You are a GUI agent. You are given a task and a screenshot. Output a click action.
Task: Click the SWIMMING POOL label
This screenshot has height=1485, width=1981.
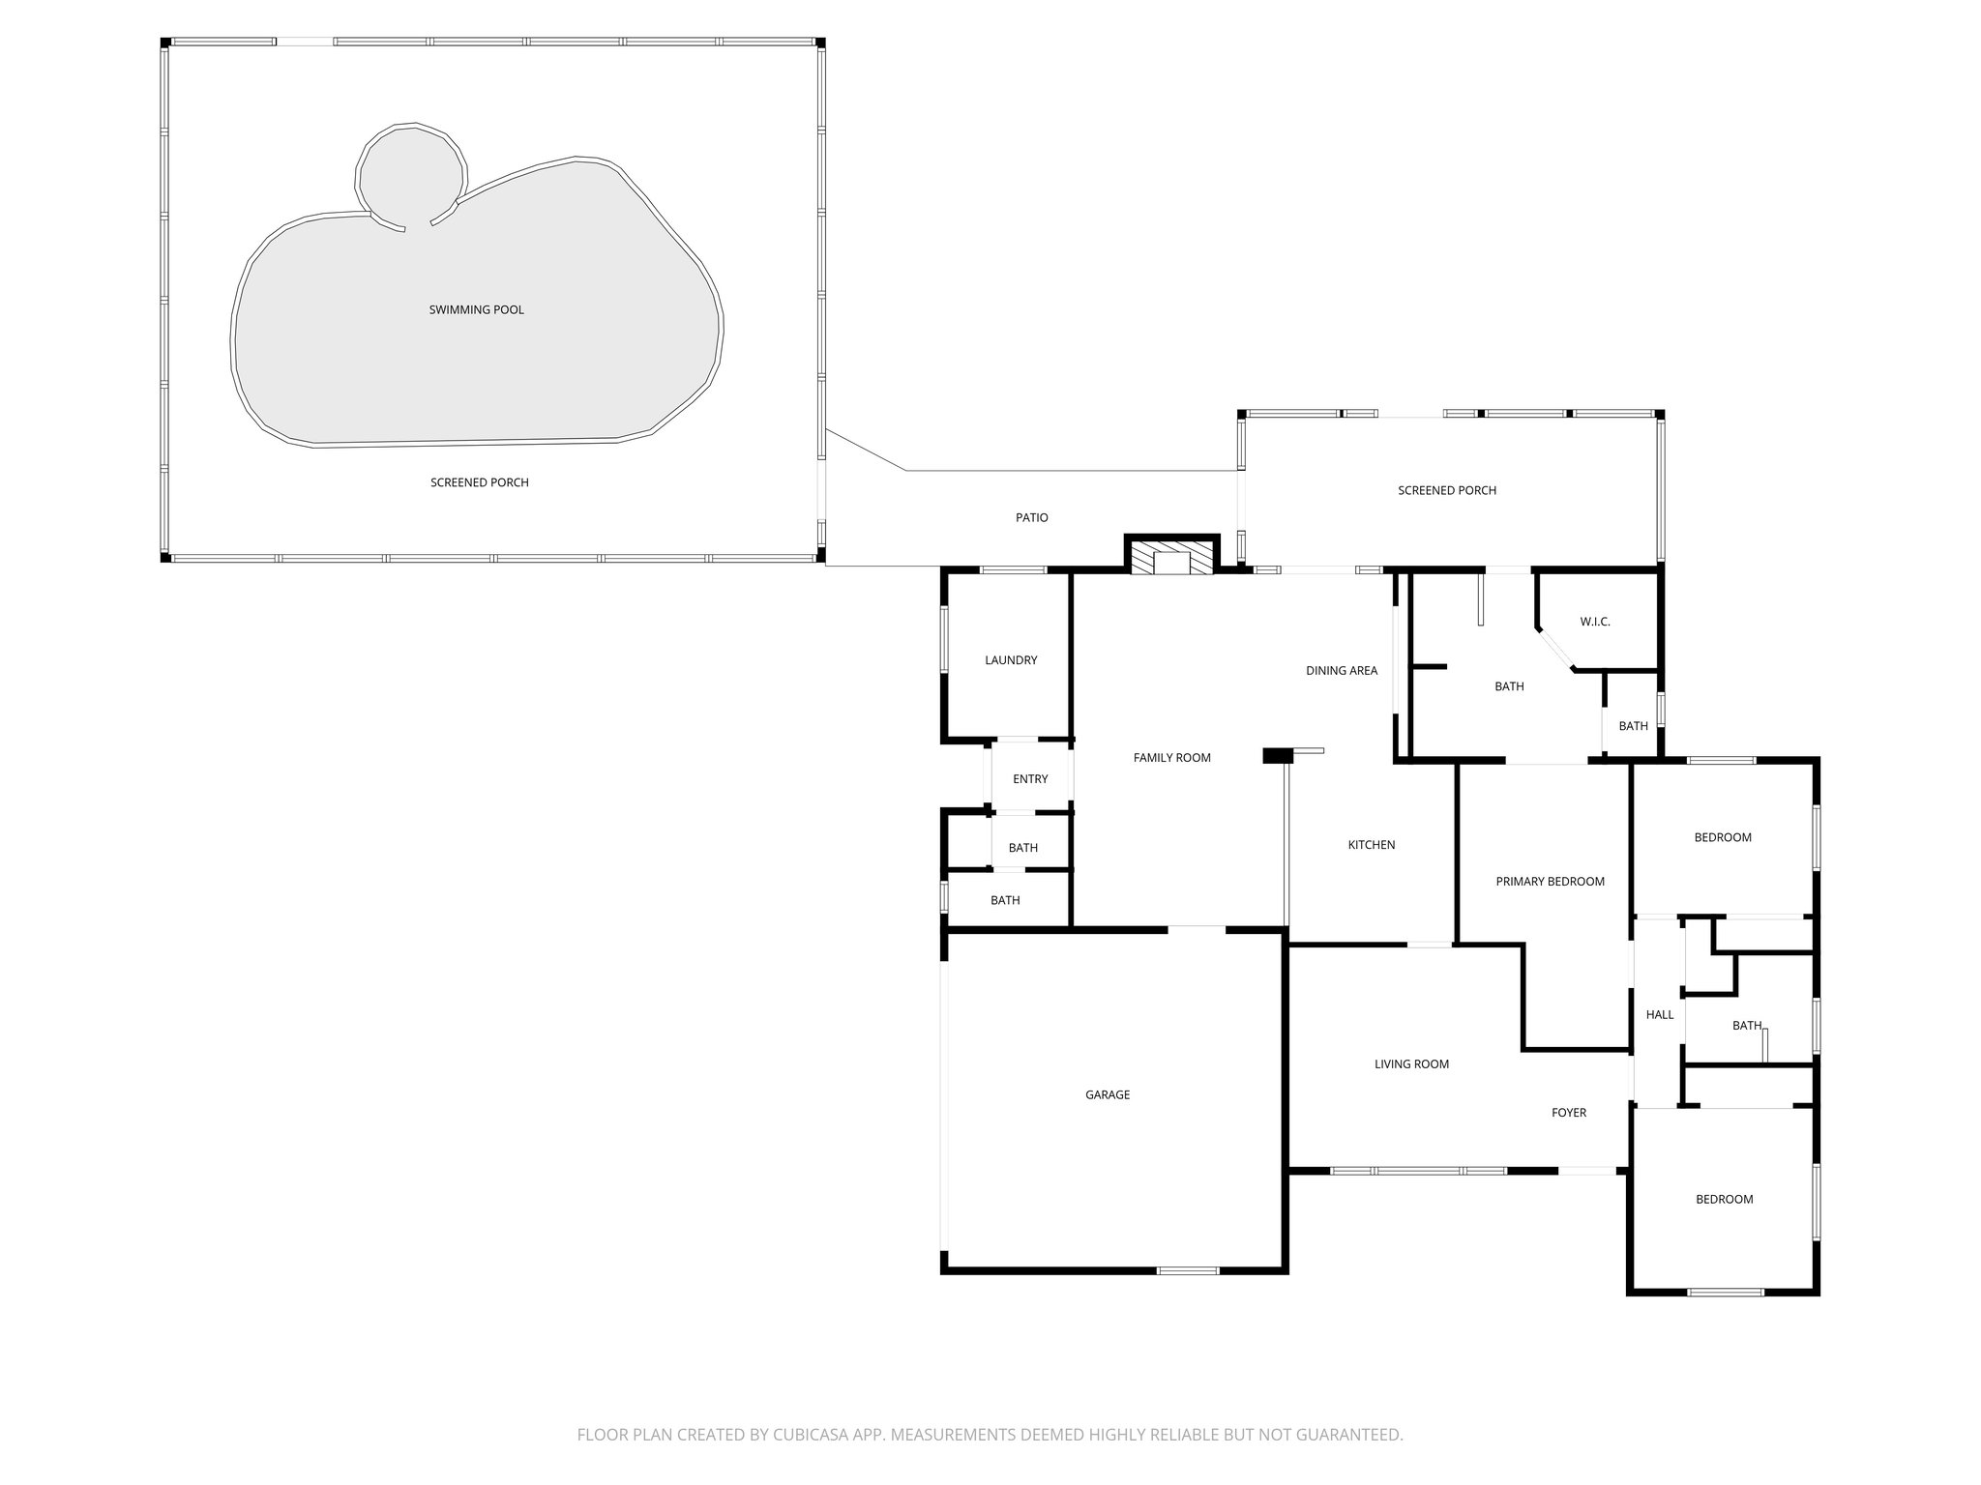[476, 309]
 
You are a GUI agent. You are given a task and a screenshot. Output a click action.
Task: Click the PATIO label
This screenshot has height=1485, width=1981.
[1031, 517]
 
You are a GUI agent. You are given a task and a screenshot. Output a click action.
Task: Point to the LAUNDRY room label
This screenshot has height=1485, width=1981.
[1011, 660]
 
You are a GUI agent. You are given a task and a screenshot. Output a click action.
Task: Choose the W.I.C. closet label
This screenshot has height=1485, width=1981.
[1595, 622]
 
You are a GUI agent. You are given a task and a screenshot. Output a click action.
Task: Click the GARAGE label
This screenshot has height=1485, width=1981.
[1108, 1094]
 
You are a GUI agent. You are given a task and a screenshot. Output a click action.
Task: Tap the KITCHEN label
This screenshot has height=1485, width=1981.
[1371, 845]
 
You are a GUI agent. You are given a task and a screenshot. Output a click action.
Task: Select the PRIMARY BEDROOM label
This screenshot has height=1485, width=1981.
[1550, 881]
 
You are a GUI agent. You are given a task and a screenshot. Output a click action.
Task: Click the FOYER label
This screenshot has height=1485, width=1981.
[1568, 1113]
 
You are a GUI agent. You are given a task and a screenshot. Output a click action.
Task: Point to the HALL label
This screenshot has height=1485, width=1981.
[1660, 1014]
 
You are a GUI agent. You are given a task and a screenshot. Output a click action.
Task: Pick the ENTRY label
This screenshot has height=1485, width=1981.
[1029, 779]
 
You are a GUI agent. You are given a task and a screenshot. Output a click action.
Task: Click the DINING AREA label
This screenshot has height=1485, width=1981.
[1341, 670]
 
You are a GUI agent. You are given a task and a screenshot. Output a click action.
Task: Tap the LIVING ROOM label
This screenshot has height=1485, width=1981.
[1411, 1064]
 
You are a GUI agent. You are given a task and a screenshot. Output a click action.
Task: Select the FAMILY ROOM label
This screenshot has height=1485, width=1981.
[1171, 758]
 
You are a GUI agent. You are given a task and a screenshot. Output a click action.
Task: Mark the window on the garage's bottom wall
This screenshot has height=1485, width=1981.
[1188, 1270]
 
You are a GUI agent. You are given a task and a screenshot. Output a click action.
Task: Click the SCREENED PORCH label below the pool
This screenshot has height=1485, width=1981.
[479, 482]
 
